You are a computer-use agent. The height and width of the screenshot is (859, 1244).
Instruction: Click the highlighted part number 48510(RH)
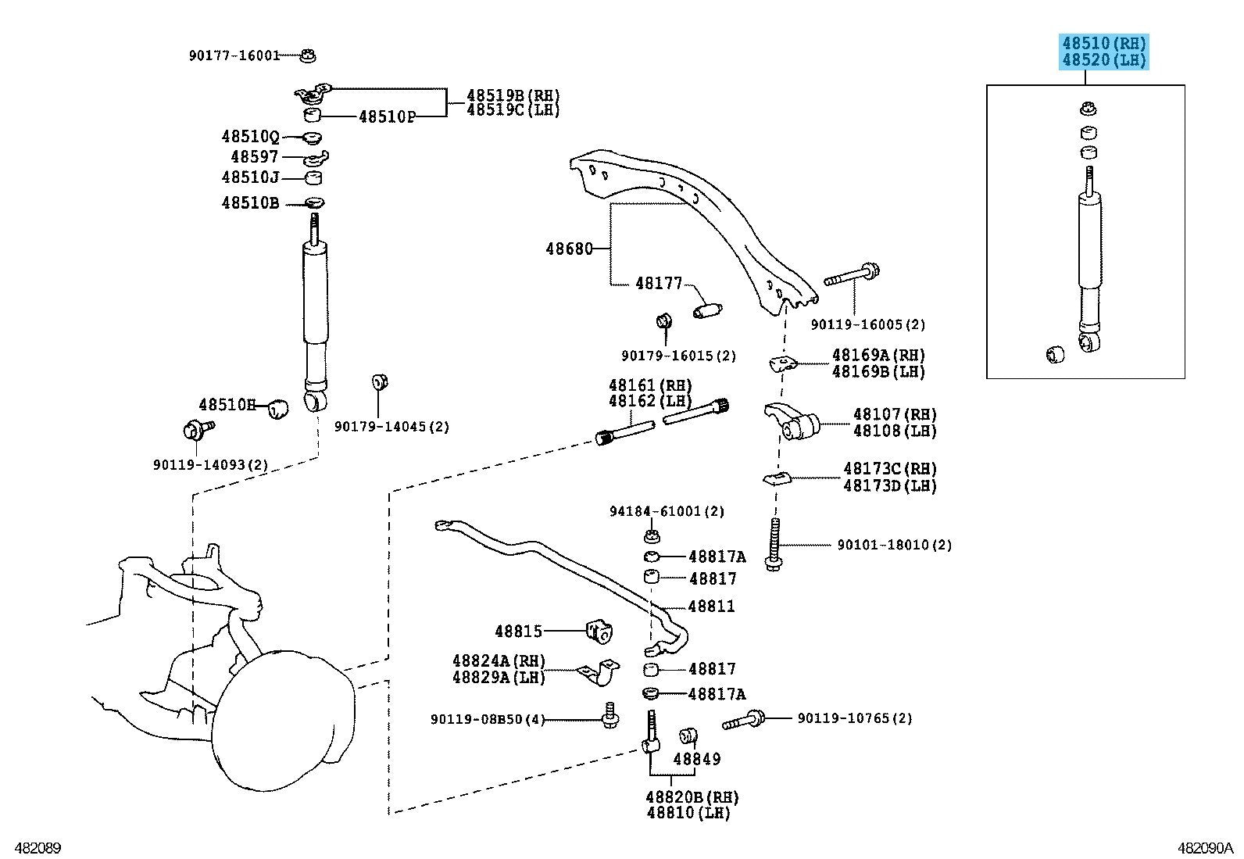click(1103, 43)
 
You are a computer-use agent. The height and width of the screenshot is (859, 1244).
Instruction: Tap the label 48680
click(568, 249)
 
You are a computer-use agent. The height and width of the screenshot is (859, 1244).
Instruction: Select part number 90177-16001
click(234, 55)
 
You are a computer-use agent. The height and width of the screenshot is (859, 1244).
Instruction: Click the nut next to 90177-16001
click(309, 55)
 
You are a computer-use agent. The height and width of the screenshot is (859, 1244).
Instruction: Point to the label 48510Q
click(250, 137)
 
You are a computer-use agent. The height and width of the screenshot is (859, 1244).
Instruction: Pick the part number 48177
click(658, 283)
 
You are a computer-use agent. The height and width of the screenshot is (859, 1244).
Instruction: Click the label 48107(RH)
click(894, 414)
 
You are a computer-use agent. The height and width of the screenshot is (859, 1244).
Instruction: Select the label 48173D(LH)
click(890, 485)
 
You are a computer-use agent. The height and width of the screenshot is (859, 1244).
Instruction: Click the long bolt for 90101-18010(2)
click(774, 544)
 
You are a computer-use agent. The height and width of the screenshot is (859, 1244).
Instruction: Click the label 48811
click(711, 606)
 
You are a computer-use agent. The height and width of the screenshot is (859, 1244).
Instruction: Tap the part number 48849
click(696, 758)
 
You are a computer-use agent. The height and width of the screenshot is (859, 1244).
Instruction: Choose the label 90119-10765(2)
click(854, 718)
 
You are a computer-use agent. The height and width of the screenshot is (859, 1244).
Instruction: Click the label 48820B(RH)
click(692, 797)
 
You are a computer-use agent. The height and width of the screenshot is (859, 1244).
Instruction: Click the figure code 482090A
click(1205, 848)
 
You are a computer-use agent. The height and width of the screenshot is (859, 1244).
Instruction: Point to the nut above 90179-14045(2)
click(379, 382)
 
